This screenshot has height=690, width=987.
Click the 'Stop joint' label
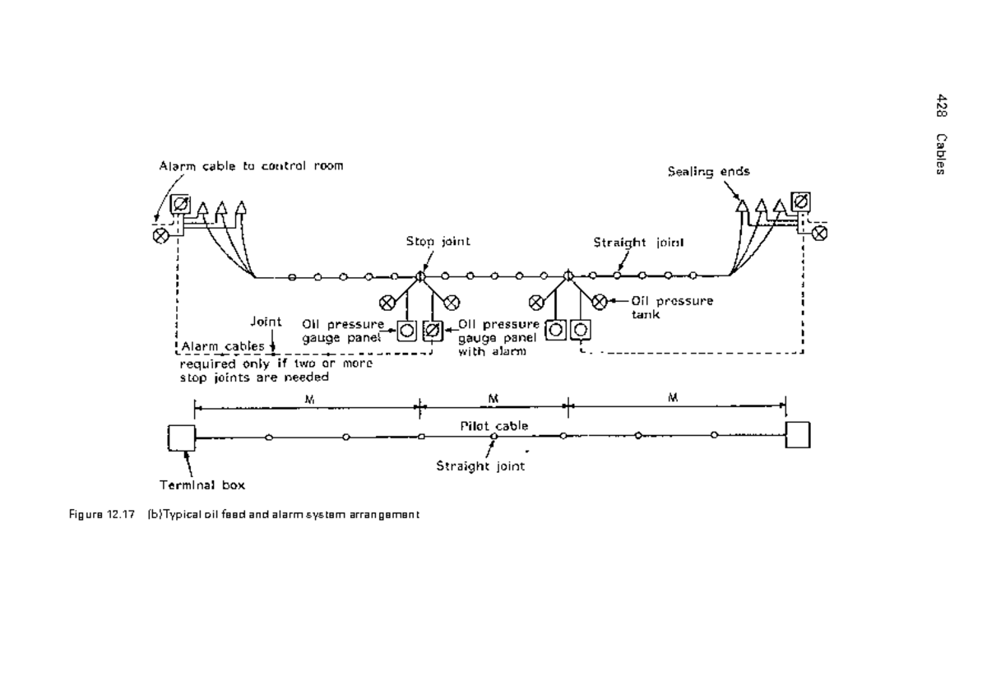click(438, 242)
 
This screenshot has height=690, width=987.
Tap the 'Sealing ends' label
click(708, 172)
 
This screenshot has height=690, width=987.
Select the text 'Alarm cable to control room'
click(251, 165)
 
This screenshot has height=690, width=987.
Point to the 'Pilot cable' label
click(493, 426)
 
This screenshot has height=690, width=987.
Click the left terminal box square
click(181, 438)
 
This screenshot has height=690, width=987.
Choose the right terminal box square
click(798, 434)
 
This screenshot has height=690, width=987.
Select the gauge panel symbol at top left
click(182, 205)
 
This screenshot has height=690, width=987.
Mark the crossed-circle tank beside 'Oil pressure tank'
click(600, 301)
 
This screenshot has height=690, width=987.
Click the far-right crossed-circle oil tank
click(819, 234)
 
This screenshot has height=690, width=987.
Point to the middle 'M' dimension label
click(492, 398)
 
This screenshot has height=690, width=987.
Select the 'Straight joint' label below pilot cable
click(481, 465)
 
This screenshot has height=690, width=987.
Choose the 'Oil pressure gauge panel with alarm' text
click(498, 337)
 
